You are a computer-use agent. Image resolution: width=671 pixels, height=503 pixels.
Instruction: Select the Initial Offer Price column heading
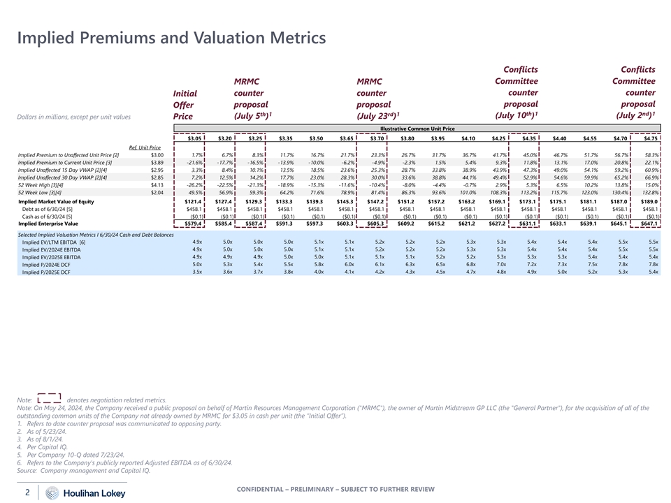click(x=185, y=104)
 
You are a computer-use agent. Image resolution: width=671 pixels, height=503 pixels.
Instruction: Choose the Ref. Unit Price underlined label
click(x=145, y=147)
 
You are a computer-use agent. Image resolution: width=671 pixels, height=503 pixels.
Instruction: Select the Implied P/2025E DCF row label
click(x=46, y=272)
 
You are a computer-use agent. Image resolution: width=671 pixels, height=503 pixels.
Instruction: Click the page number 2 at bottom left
click(x=27, y=492)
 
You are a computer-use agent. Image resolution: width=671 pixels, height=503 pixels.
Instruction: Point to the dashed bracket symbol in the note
click(x=49, y=399)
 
